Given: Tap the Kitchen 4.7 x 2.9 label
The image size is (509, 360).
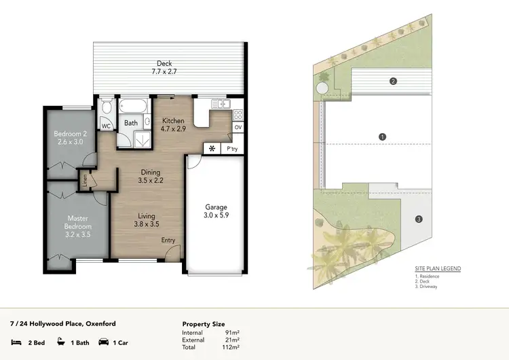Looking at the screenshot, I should tap(173, 124).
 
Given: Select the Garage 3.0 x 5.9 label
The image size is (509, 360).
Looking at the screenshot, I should tap(216, 212).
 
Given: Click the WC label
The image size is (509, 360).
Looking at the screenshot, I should tap(107, 126).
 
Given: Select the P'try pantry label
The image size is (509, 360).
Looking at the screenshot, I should tap(232, 148).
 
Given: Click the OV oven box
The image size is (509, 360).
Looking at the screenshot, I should tap(238, 127).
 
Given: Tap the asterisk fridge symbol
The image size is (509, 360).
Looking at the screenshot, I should tap(212, 148).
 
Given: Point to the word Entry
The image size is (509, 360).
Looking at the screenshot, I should tap(168, 240).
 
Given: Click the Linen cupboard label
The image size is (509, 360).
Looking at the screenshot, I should tap(85, 178).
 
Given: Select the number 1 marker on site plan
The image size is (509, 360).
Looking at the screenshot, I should tap(383, 137).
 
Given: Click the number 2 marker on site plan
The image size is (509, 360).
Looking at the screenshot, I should tap(392, 82).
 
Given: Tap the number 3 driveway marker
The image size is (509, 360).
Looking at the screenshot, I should tap(419, 219).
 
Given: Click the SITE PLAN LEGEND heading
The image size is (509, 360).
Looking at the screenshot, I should tap(438, 269).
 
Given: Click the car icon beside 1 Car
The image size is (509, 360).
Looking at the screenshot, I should tap(104, 343).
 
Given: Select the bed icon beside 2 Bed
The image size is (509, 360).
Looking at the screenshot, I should tap(16, 343).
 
